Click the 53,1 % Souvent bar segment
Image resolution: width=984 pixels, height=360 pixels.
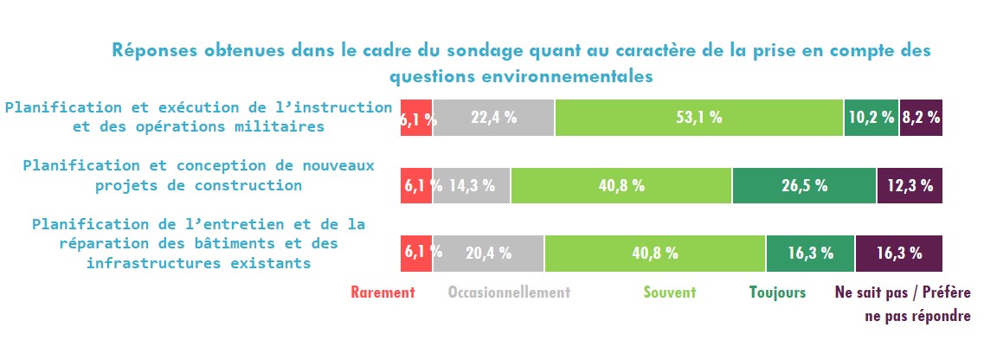(699, 118)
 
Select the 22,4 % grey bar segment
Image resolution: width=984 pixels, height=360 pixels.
(493, 118)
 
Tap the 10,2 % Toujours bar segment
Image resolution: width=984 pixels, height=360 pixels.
(871, 118)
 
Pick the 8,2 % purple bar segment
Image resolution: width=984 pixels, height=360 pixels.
(921, 118)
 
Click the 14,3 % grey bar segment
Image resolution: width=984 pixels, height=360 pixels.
(472, 185)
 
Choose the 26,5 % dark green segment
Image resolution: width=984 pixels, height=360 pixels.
(805, 185)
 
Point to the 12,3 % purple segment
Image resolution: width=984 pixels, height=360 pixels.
(910, 185)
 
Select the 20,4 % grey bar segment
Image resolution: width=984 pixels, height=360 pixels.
(488, 254)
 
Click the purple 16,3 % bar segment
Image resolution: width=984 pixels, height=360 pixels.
(898, 254)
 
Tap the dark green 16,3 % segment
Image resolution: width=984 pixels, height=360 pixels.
(810, 254)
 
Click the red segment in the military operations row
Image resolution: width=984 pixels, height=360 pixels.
(416, 118)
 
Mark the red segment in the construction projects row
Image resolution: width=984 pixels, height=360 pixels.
(416, 185)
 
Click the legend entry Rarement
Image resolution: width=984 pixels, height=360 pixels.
(383, 292)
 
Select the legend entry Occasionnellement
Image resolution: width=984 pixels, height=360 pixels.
(509, 292)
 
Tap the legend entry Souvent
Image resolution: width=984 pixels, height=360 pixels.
(669, 292)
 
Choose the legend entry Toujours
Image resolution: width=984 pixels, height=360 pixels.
(777, 292)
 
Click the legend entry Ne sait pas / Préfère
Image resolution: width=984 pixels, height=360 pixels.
(903, 292)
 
